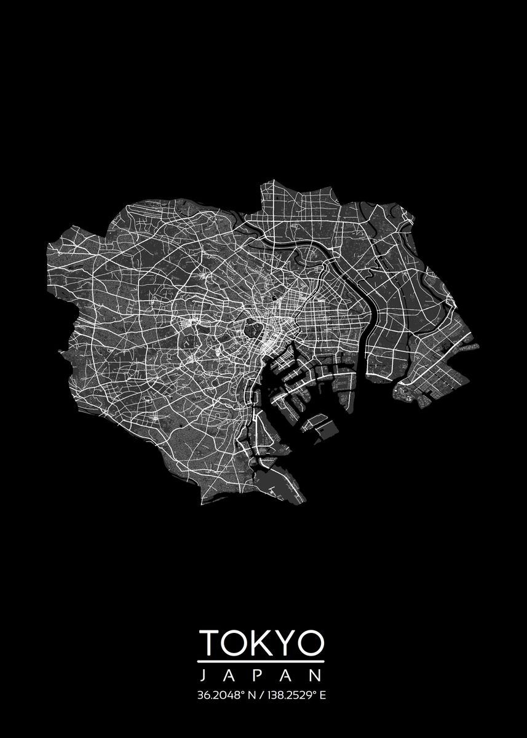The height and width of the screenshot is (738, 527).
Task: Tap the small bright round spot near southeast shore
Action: [407, 397]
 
